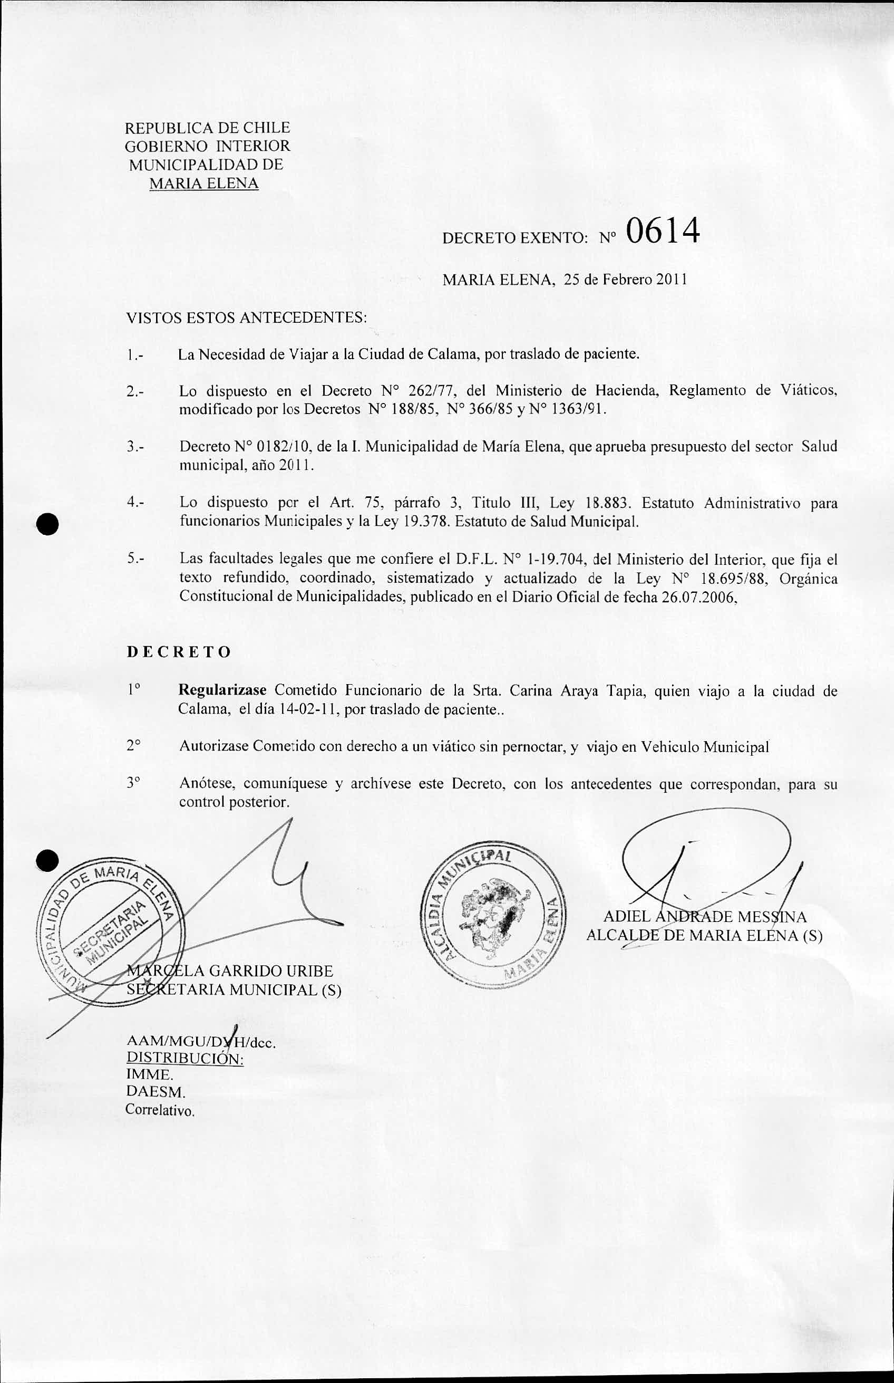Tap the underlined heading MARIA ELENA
(204, 184)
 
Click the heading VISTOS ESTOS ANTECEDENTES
(247, 318)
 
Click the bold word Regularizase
(222, 690)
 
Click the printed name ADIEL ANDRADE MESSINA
(705, 917)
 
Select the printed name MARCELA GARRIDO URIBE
(230, 971)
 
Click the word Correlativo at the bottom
(160, 1111)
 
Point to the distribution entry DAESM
(156, 1092)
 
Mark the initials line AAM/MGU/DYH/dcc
(200, 1042)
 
